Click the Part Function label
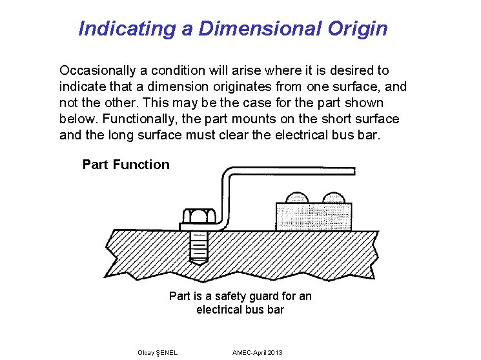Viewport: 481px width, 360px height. (126, 165)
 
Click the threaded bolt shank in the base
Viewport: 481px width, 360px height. (199, 245)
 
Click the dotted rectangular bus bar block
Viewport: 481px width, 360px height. (314, 216)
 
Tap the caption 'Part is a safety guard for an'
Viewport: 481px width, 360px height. (240, 296)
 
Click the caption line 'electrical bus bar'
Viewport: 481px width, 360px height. (240, 310)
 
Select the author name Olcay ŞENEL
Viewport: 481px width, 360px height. (158, 352)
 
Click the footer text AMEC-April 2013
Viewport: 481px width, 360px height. (257, 352)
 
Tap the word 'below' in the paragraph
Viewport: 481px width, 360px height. (75, 119)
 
